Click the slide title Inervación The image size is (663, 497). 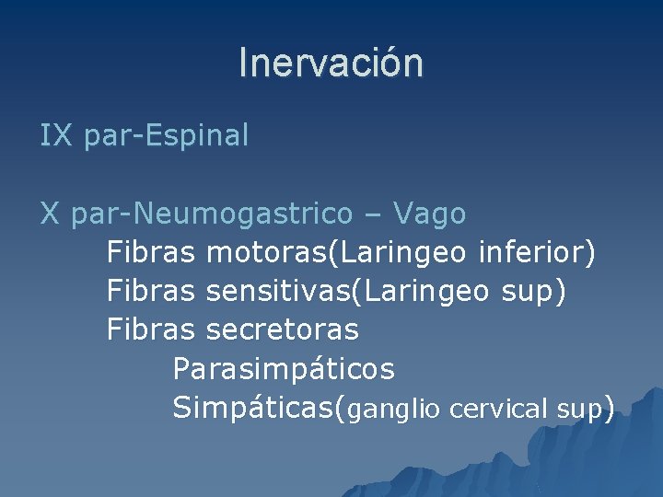tap(331, 64)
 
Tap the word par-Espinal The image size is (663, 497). tap(166, 136)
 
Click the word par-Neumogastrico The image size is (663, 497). tap(211, 214)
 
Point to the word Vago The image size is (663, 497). tap(429, 214)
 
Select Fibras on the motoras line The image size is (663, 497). tap(151, 251)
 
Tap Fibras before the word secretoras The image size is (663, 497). tap(151, 329)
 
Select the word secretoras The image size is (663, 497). tap(283, 329)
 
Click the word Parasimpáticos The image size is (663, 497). tap(284, 370)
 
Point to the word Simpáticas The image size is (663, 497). tap(254, 408)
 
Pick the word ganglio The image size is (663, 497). tap(394, 410)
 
